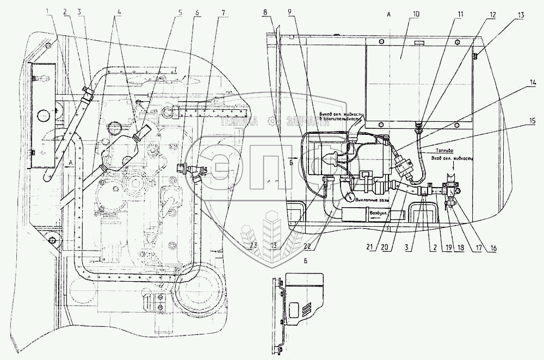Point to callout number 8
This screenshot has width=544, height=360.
(x=264, y=11)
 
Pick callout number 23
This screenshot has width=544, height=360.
(x=253, y=245)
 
